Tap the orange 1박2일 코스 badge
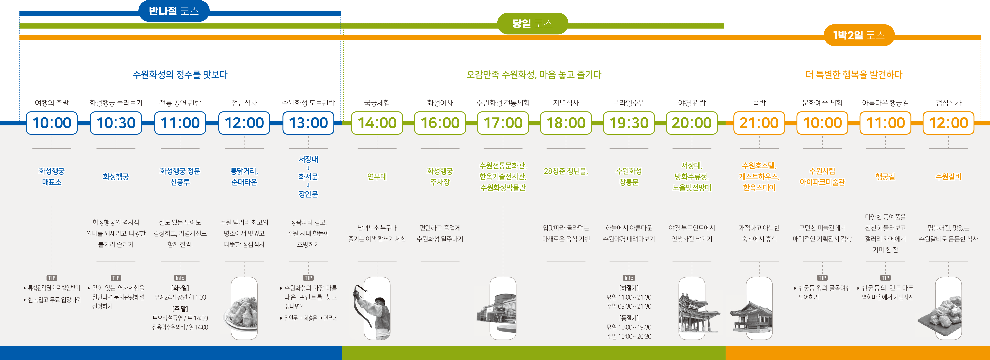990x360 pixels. [x=859, y=35]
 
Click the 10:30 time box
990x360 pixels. [x=116, y=123]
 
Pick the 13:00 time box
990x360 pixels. [x=308, y=123]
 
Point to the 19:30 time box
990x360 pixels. [x=629, y=123]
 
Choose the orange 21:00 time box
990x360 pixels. [x=759, y=123]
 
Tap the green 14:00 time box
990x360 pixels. [x=377, y=123]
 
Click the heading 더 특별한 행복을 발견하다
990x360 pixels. [x=854, y=74]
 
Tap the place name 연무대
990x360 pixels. [x=377, y=177]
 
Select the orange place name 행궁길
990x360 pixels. [x=885, y=177]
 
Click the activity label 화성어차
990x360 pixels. [x=440, y=103]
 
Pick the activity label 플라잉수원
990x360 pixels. [x=629, y=103]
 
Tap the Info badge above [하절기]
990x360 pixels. [x=629, y=278]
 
